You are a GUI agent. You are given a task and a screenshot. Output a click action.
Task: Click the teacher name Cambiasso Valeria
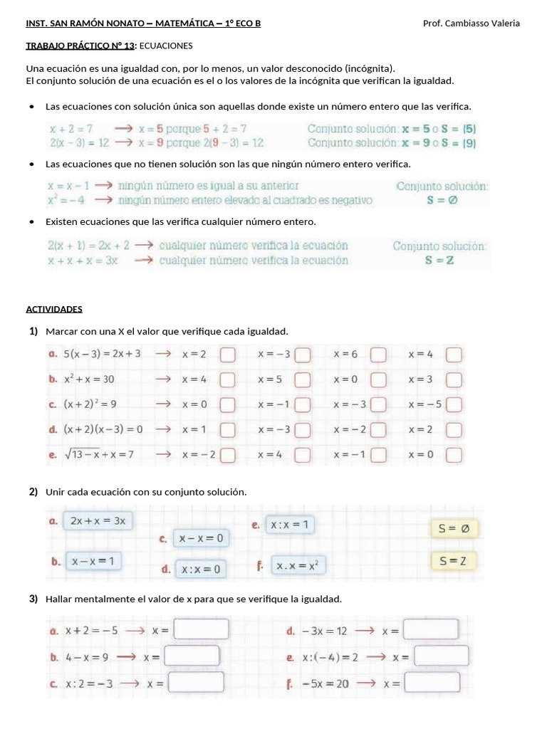pos(481,23)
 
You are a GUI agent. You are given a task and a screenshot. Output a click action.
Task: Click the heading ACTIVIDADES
pos(54,309)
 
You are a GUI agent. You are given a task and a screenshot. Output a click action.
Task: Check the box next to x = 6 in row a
pos(378,355)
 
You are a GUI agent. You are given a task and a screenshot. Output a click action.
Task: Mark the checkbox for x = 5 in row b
pos(303,380)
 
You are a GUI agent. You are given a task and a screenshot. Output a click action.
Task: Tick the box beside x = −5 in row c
pos(454,405)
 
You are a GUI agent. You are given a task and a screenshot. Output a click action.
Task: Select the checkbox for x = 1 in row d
pos(227,430)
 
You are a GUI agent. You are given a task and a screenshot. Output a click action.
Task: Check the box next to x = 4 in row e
pos(303,455)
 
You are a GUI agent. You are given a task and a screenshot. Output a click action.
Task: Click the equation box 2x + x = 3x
pos(98,520)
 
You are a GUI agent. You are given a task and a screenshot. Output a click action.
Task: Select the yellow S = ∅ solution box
pos(454,528)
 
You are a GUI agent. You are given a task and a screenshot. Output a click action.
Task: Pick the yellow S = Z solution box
pos(453,561)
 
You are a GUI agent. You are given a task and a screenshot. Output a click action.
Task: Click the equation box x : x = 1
pos(289,525)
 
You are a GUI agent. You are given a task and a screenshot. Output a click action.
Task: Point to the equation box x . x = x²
pos(297,566)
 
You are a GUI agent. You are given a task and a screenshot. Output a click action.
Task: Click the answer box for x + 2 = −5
pos(202,630)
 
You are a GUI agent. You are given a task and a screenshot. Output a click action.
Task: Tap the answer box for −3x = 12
pos(431,630)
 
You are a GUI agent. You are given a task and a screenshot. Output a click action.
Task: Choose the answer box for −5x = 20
pos(432,683)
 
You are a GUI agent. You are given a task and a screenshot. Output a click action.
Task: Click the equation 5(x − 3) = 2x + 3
pos(102,354)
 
